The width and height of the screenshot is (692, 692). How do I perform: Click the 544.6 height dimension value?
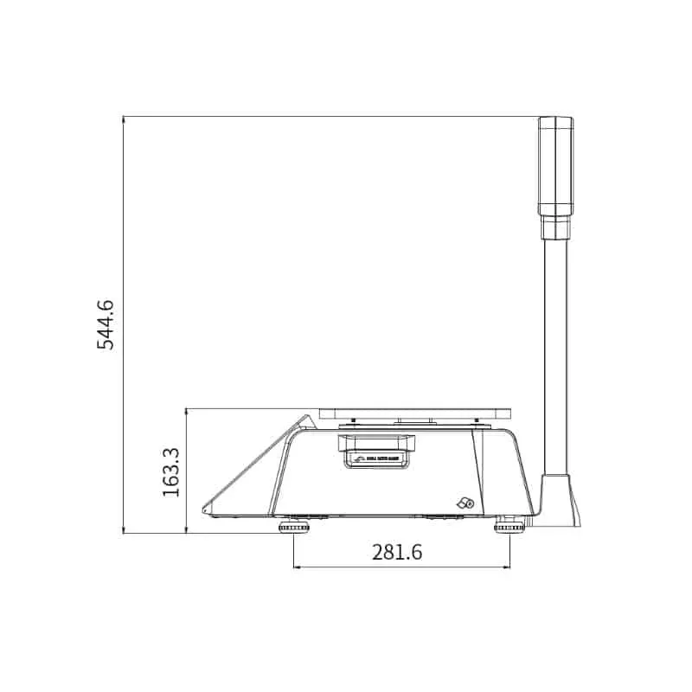(106, 324)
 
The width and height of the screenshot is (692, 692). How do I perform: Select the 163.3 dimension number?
(170, 471)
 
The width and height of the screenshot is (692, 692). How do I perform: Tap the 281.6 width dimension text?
(397, 552)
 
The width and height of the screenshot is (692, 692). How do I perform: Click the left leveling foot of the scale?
(294, 527)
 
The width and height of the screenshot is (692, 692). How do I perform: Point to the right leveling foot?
(509, 527)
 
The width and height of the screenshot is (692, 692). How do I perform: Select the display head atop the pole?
(555, 166)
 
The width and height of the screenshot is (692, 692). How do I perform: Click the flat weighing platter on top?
(414, 414)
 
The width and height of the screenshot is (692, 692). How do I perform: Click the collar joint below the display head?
(555, 227)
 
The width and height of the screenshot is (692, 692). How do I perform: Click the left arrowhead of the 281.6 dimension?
(298, 567)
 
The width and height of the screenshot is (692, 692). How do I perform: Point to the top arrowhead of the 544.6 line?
(124, 119)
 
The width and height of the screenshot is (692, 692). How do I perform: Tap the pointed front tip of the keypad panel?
(204, 509)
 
